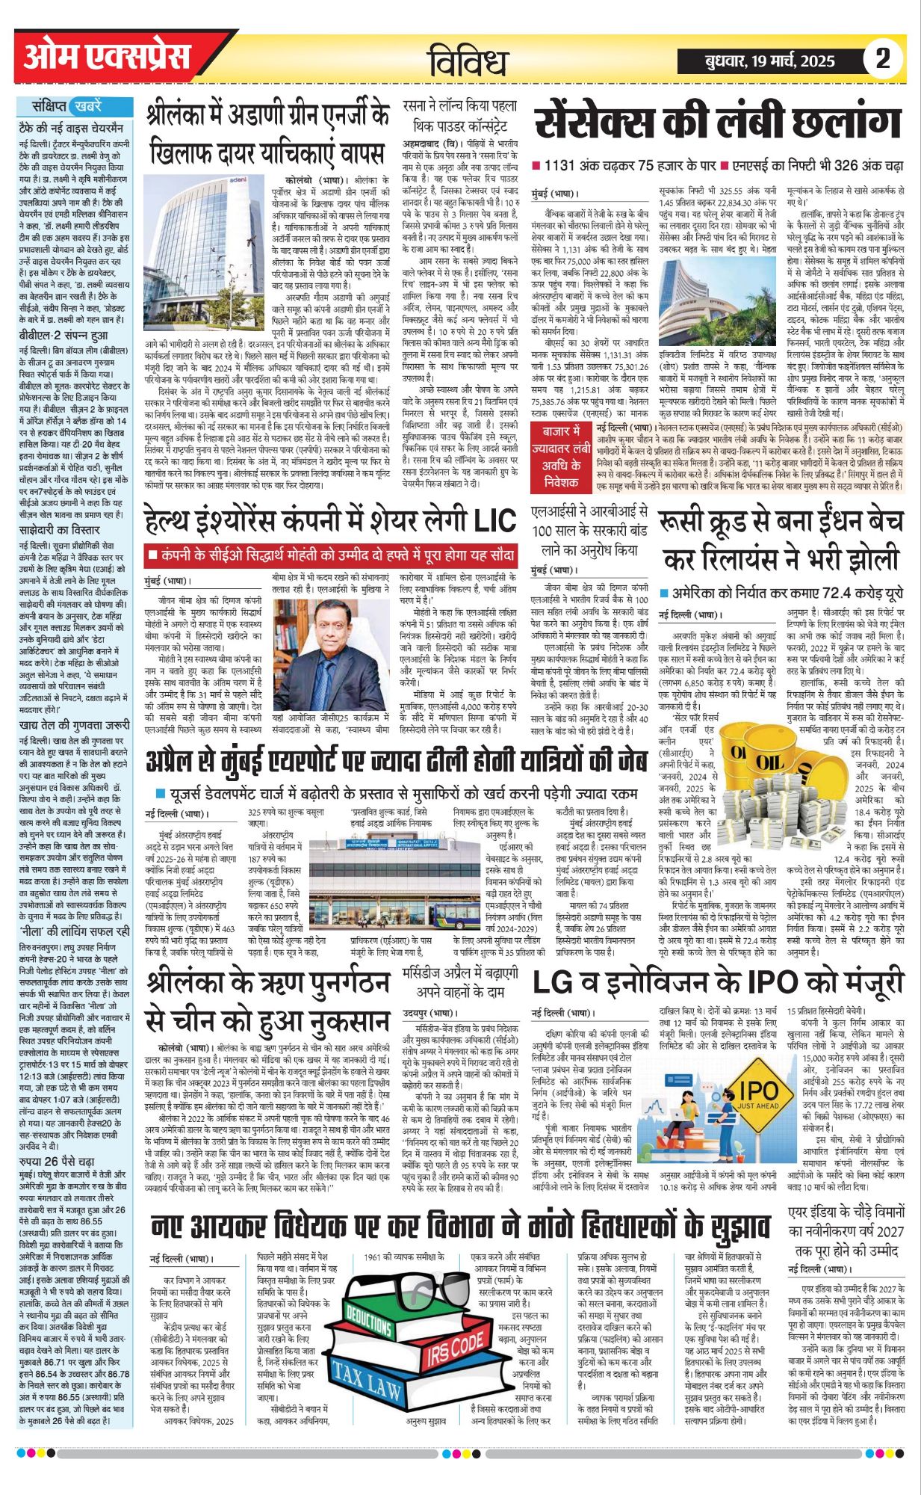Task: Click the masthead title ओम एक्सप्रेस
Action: point(106,58)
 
